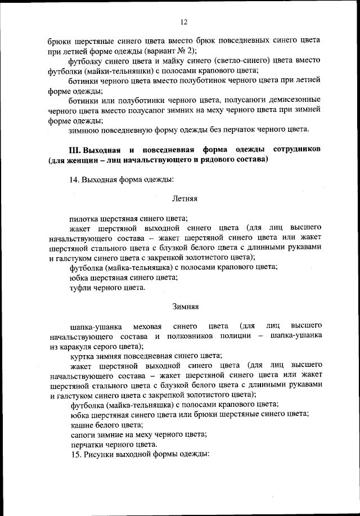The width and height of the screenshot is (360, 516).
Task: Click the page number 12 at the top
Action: (183, 23)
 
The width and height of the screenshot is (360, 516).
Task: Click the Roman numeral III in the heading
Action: (75, 150)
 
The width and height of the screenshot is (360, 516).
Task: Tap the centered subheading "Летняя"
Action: (184, 199)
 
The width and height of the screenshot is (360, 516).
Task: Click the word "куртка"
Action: (82, 356)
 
